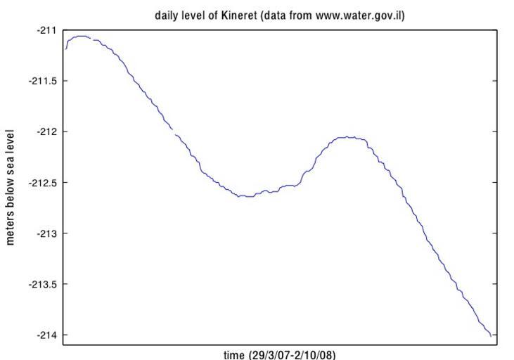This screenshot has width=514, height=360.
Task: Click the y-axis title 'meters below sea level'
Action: [x=11, y=186]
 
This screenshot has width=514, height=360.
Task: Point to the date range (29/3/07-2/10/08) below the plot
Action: [x=292, y=354]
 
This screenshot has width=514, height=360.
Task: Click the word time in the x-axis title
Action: [x=234, y=354]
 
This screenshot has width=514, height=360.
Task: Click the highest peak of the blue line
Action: [x=82, y=36]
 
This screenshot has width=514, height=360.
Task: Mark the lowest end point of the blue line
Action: [x=491, y=336]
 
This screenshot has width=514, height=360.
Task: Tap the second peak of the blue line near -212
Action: [x=349, y=137]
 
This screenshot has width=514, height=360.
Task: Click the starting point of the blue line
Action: [x=66, y=49]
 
